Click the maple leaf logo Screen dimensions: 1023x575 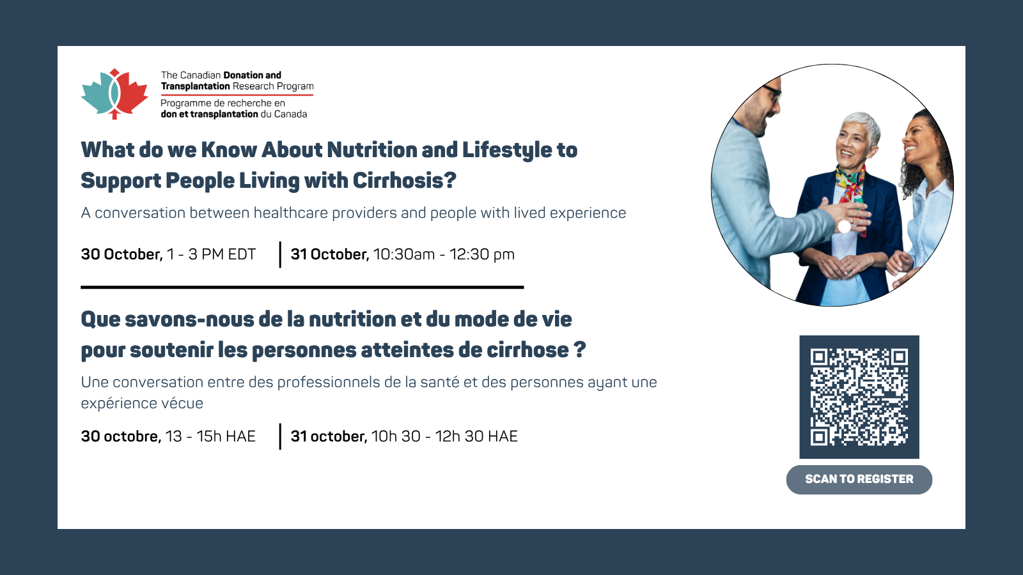pyautogui.click(x=114, y=94)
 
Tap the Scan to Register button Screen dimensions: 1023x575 pyautogui.click(x=859, y=479)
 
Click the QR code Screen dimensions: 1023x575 pyautogui.click(x=859, y=397)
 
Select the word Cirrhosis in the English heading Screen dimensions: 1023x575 pyautogui.click(x=405, y=181)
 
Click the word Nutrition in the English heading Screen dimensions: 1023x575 pyautogui.click(x=371, y=149)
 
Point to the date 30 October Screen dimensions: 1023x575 pyautogui.click(x=121, y=254)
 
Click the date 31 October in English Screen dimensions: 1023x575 pyautogui.click(x=330, y=254)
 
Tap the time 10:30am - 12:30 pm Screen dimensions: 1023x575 pyautogui.click(x=444, y=254)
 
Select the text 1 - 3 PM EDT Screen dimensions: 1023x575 pyautogui.click(x=212, y=254)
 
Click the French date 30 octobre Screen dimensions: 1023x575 pyautogui.click(x=121, y=436)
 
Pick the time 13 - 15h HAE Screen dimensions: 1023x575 pyautogui.click(x=210, y=436)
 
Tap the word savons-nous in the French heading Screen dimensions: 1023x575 pyautogui.click(x=189, y=319)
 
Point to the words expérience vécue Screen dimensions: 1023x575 pyautogui.click(x=142, y=403)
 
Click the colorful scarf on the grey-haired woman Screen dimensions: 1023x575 pyautogui.click(x=850, y=192)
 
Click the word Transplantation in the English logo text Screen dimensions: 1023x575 pyautogui.click(x=195, y=86)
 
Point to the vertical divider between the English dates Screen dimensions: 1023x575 pyautogui.click(x=280, y=254)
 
